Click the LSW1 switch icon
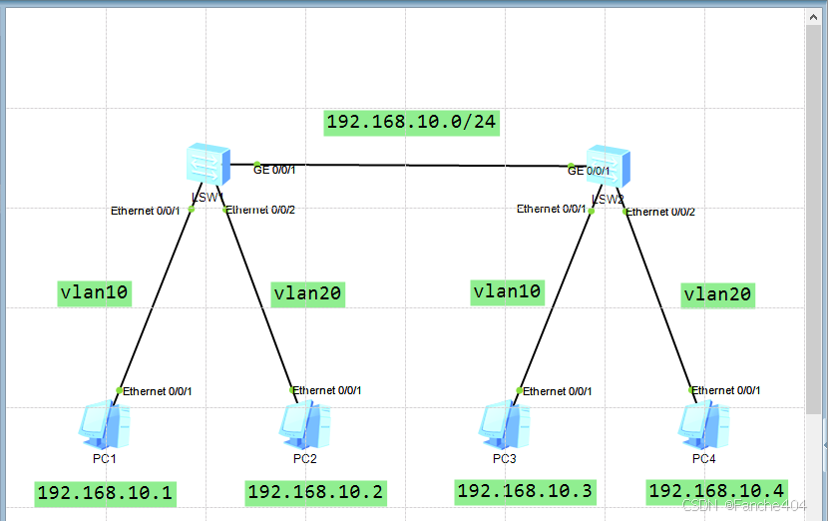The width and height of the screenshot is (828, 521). [208, 163]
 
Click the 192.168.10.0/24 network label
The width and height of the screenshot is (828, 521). [412, 122]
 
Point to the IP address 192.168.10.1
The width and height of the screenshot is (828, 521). [105, 492]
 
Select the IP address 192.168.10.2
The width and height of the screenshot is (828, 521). [315, 492]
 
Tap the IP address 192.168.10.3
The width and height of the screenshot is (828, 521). [524, 490]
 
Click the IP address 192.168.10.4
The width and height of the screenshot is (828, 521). [717, 490]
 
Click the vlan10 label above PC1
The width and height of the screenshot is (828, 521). [96, 292]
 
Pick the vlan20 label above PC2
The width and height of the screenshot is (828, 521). [308, 293]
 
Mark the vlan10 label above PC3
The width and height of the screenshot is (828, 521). [507, 291]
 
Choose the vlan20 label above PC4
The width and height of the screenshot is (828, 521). [717, 294]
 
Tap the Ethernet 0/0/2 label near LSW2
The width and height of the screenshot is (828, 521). [661, 212]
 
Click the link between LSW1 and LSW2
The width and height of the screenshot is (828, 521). [409, 165]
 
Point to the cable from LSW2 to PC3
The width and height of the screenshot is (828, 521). [554, 299]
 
